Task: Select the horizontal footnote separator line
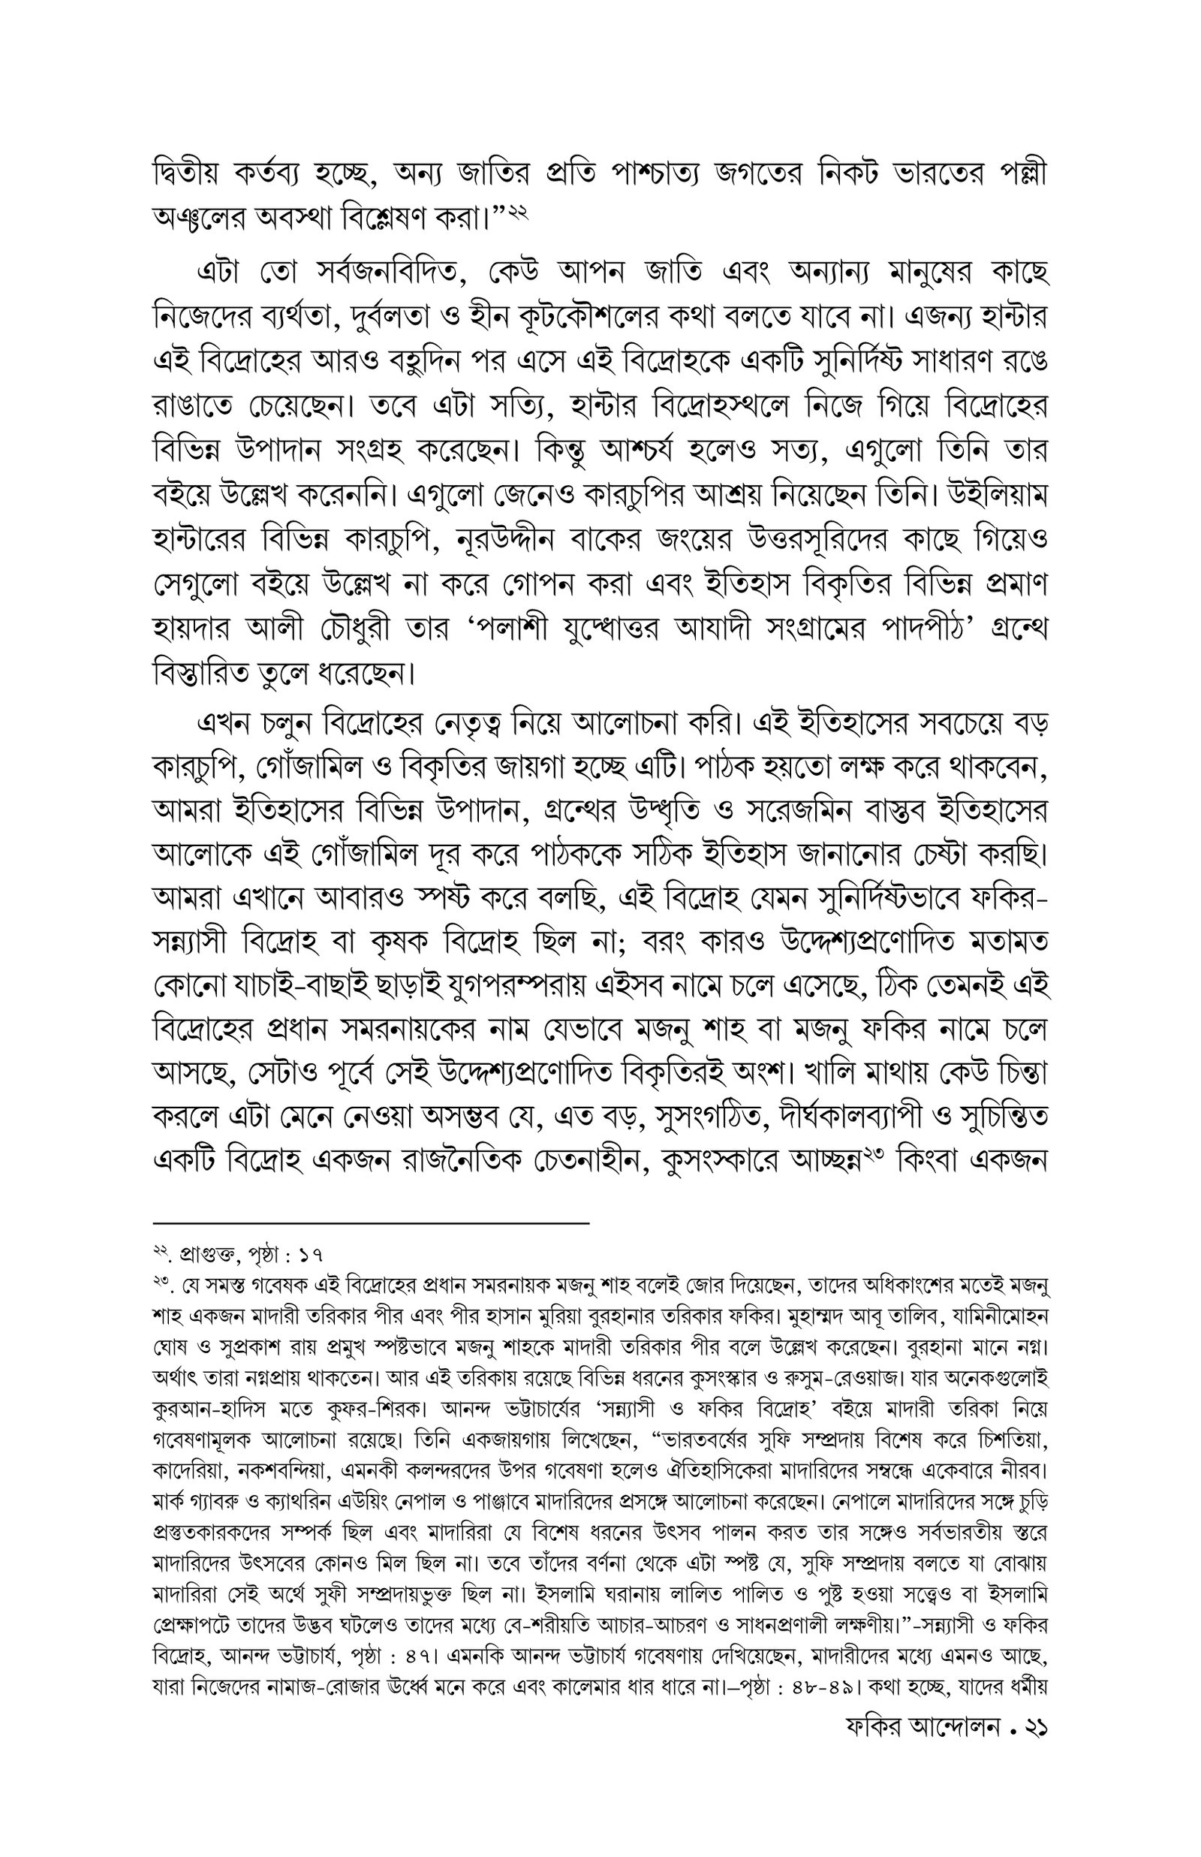coord(371,1224)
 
